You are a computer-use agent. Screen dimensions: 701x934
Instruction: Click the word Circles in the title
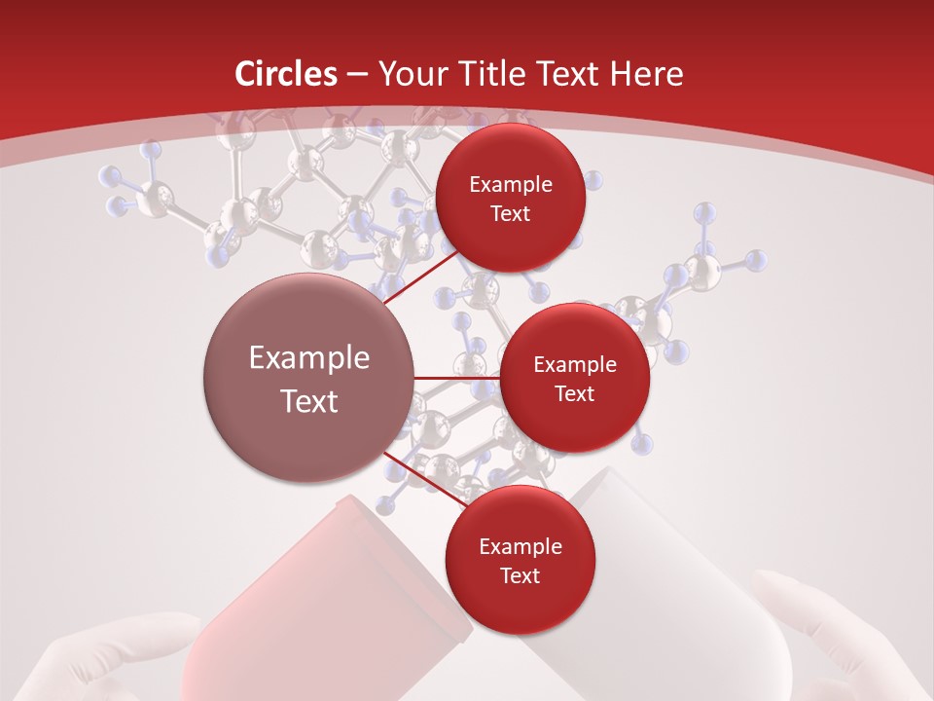coord(286,74)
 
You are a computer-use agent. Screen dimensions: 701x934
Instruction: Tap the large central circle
coord(308,378)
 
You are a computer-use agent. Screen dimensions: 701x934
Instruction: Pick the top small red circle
coord(511,198)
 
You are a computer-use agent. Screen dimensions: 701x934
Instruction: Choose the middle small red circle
coord(574,378)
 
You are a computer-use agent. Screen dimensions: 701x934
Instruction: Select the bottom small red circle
coord(520,560)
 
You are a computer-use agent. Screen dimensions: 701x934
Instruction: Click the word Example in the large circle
coord(308,358)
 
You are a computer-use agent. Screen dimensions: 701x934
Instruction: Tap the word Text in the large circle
coord(308,401)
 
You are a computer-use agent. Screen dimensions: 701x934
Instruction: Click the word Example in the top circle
coord(511,184)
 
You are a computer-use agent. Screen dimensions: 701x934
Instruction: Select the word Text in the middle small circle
coord(574,393)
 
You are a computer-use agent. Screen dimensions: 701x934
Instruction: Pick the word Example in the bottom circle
coord(520,546)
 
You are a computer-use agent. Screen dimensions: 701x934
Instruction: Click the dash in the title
coord(356,75)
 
